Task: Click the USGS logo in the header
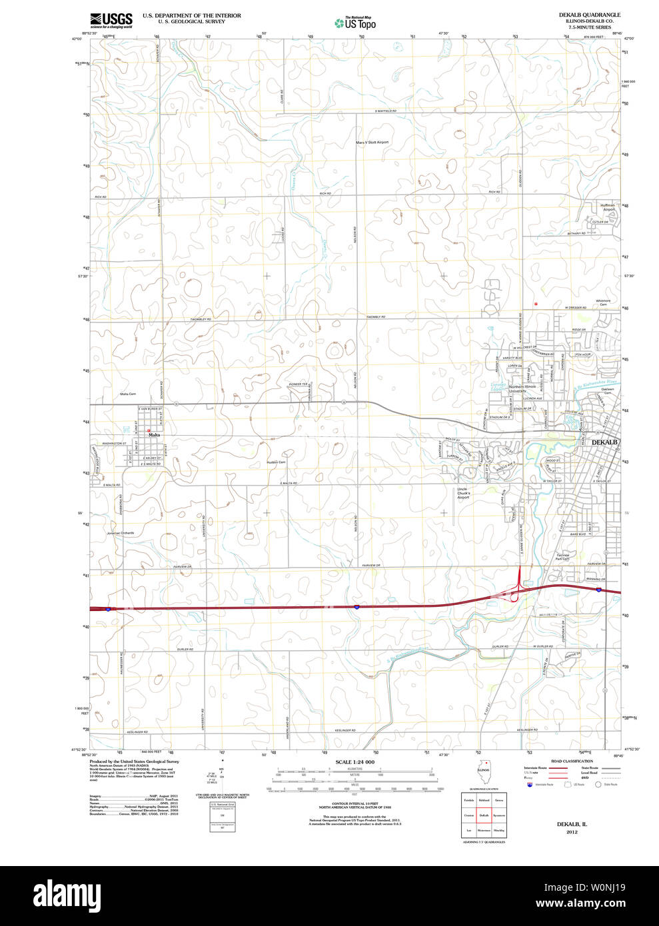tap(111, 20)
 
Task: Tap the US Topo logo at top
tap(355, 23)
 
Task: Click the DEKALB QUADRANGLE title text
tap(589, 15)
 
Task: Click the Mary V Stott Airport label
tap(372, 142)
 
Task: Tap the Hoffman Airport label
tap(607, 207)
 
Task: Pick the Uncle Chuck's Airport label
tap(463, 493)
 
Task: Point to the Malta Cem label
tap(128, 394)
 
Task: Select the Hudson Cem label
tap(276, 462)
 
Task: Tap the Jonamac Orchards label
tap(120, 533)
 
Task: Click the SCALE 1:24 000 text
tap(355, 761)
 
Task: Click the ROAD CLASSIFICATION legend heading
tap(572, 761)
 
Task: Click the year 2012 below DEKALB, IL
tap(572, 832)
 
